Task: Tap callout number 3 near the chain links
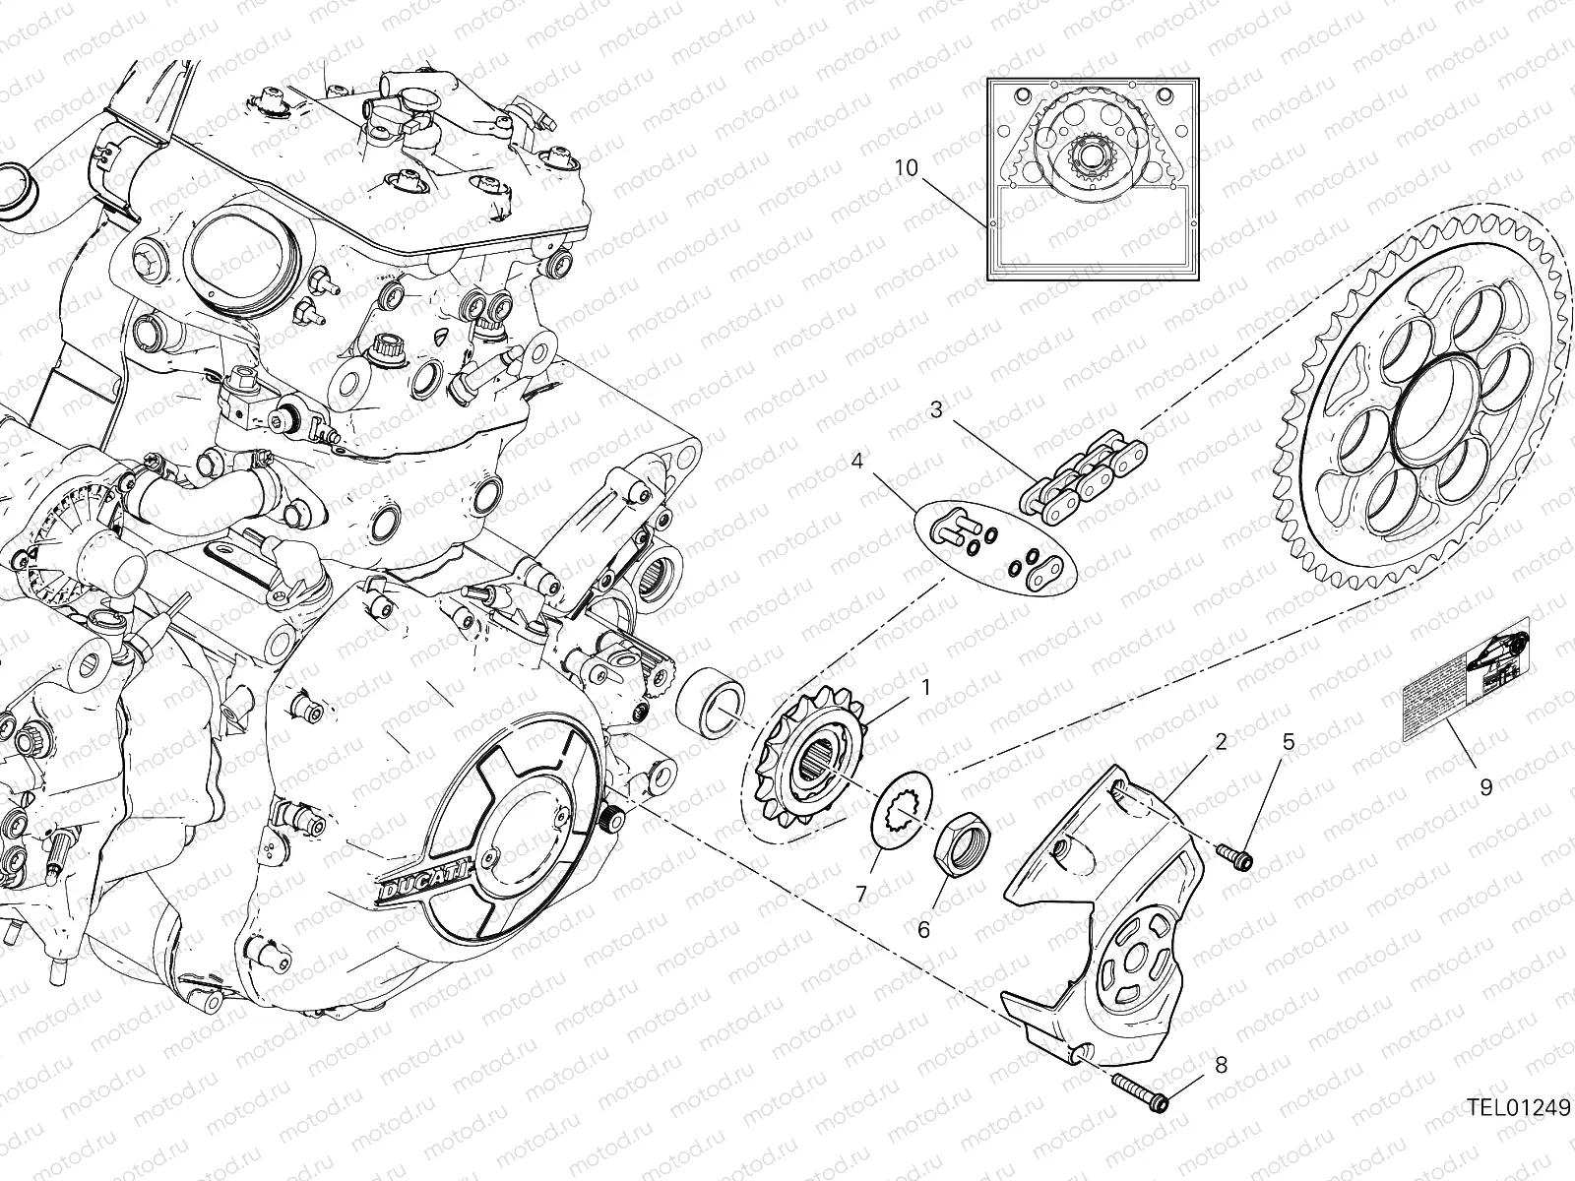click(936, 408)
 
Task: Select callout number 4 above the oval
click(857, 461)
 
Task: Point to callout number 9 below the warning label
click(1485, 786)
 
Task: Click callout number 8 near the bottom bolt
click(1221, 1064)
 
